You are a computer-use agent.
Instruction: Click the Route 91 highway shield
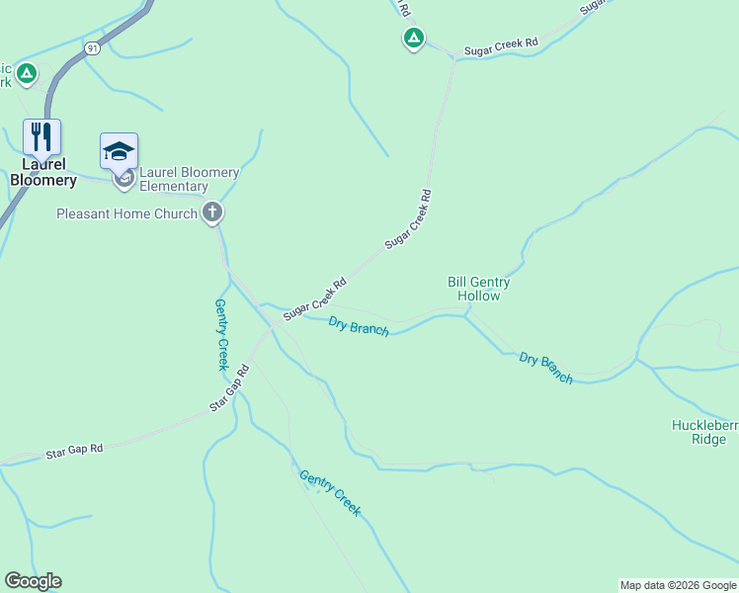coord(93,47)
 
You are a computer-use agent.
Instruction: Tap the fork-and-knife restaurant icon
coord(41,136)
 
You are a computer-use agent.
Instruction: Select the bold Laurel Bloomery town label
coord(42,172)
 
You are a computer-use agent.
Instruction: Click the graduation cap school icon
coord(119,150)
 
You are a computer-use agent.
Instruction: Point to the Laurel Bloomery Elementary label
coord(188,179)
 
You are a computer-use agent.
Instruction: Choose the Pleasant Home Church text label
coord(127,213)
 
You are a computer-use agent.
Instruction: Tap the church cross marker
coord(212,212)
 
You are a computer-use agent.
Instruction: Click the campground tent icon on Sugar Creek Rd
coord(413,39)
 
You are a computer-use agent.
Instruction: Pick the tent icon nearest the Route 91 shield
coord(27,73)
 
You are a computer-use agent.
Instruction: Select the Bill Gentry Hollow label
coord(478,289)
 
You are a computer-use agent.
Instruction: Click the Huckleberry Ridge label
coord(704,432)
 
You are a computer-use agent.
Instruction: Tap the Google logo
coord(33,581)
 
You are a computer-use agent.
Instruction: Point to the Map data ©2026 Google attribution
coord(678,585)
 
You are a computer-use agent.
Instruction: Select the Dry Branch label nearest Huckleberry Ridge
coord(545,368)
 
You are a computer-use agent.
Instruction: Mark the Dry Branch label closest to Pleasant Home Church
coord(358,326)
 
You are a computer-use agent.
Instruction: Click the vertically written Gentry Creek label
coord(222,335)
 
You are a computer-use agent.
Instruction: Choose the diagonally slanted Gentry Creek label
coord(330,492)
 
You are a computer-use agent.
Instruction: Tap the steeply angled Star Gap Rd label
coord(229,388)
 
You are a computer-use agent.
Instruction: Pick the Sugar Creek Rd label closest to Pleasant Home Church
coord(314,298)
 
